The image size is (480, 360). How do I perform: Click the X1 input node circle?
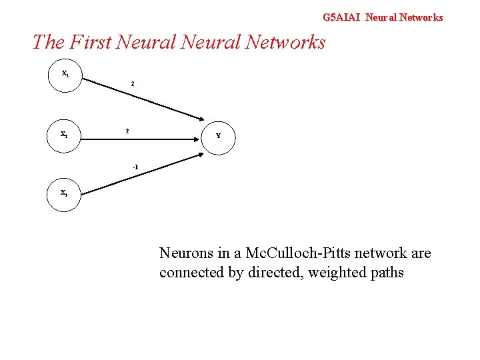(65, 75)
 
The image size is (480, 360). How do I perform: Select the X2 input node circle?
(65, 135)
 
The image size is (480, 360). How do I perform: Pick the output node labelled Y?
(218, 136)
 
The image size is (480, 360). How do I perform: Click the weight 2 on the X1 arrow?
(133, 84)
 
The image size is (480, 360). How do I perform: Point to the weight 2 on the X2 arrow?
(127, 131)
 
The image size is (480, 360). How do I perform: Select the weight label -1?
(135, 166)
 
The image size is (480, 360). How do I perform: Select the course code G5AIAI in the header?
(341, 17)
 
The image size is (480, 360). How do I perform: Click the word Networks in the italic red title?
(285, 42)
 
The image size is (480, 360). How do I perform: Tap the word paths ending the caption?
(384, 273)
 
